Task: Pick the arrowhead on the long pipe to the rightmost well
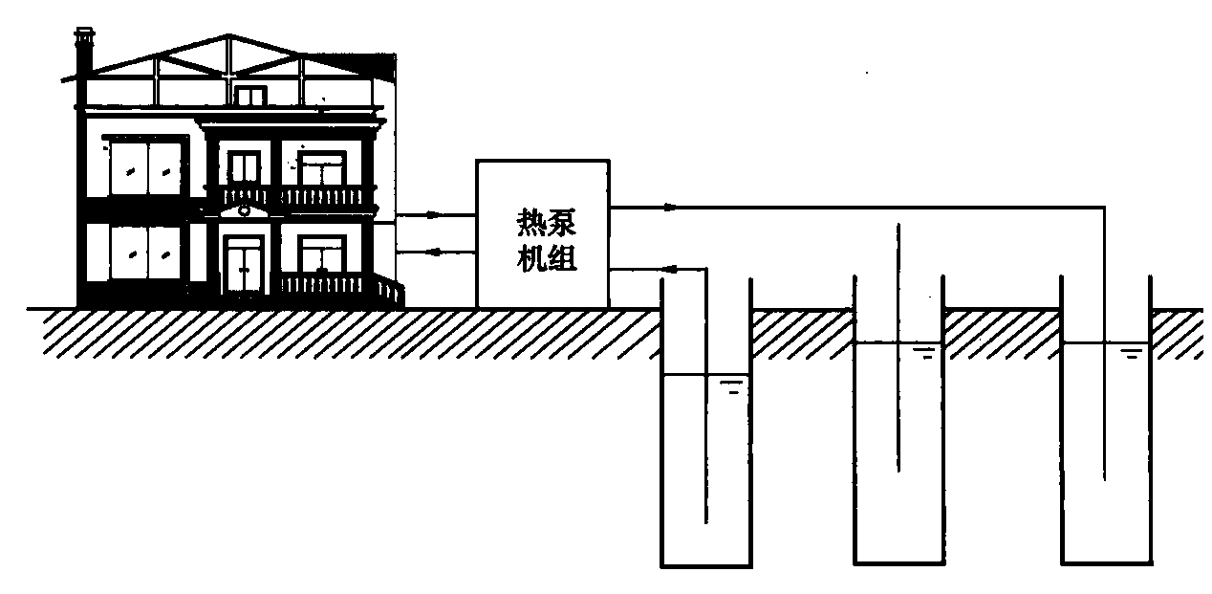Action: point(668,207)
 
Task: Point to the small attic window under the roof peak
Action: point(250,96)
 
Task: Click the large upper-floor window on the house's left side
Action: point(144,168)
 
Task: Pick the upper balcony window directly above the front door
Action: point(244,168)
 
